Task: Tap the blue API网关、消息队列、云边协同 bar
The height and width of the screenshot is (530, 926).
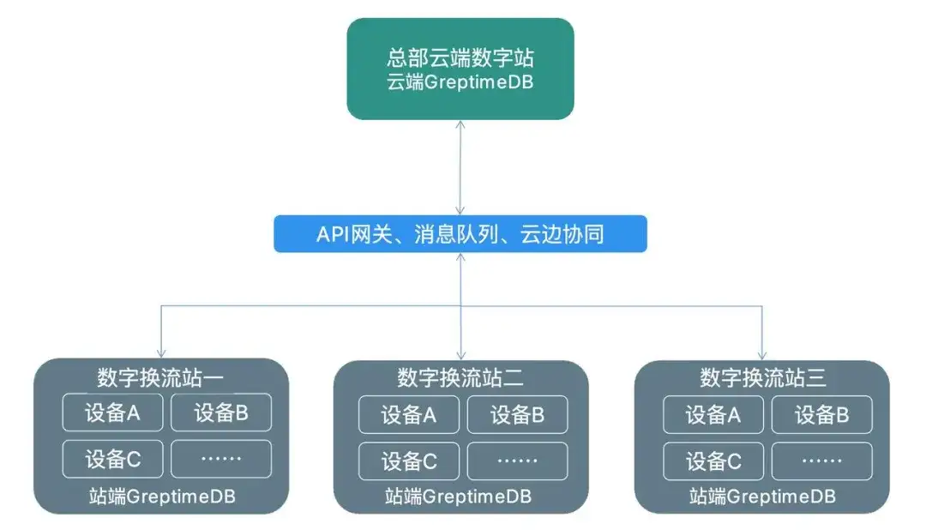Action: click(x=460, y=234)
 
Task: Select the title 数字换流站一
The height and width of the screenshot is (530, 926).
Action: click(x=161, y=376)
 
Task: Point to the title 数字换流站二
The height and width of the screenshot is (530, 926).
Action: click(x=460, y=376)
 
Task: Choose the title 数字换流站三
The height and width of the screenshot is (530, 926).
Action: click(x=762, y=376)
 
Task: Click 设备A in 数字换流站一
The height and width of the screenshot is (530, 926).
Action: click(x=112, y=413)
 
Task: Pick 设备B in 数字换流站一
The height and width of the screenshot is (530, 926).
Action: click(x=221, y=413)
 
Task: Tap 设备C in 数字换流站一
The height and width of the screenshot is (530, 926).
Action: click(x=112, y=459)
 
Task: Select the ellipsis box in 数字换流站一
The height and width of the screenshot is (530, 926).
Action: click(x=221, y=459)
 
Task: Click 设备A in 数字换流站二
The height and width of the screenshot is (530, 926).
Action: click(x=409, y=415)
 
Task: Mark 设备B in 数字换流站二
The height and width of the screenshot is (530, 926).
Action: click(x=517, y=415)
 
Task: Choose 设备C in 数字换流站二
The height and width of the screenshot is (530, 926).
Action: click(x=409, y=461)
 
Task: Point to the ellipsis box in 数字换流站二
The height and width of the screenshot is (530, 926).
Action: click(x=517, y=461)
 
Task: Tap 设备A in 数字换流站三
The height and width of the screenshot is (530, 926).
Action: click(x=713, y=415)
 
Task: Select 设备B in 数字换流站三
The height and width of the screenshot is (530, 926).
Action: click(x=821, y=415)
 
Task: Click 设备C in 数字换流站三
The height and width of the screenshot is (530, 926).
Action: click(x=713, y=461)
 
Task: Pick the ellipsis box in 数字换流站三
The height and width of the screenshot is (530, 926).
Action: click(x=821, y=461)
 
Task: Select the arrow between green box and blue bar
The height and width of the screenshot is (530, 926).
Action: click(x=460, y=167)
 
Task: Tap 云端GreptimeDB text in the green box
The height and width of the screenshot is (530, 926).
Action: click(x=460, y=83)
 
